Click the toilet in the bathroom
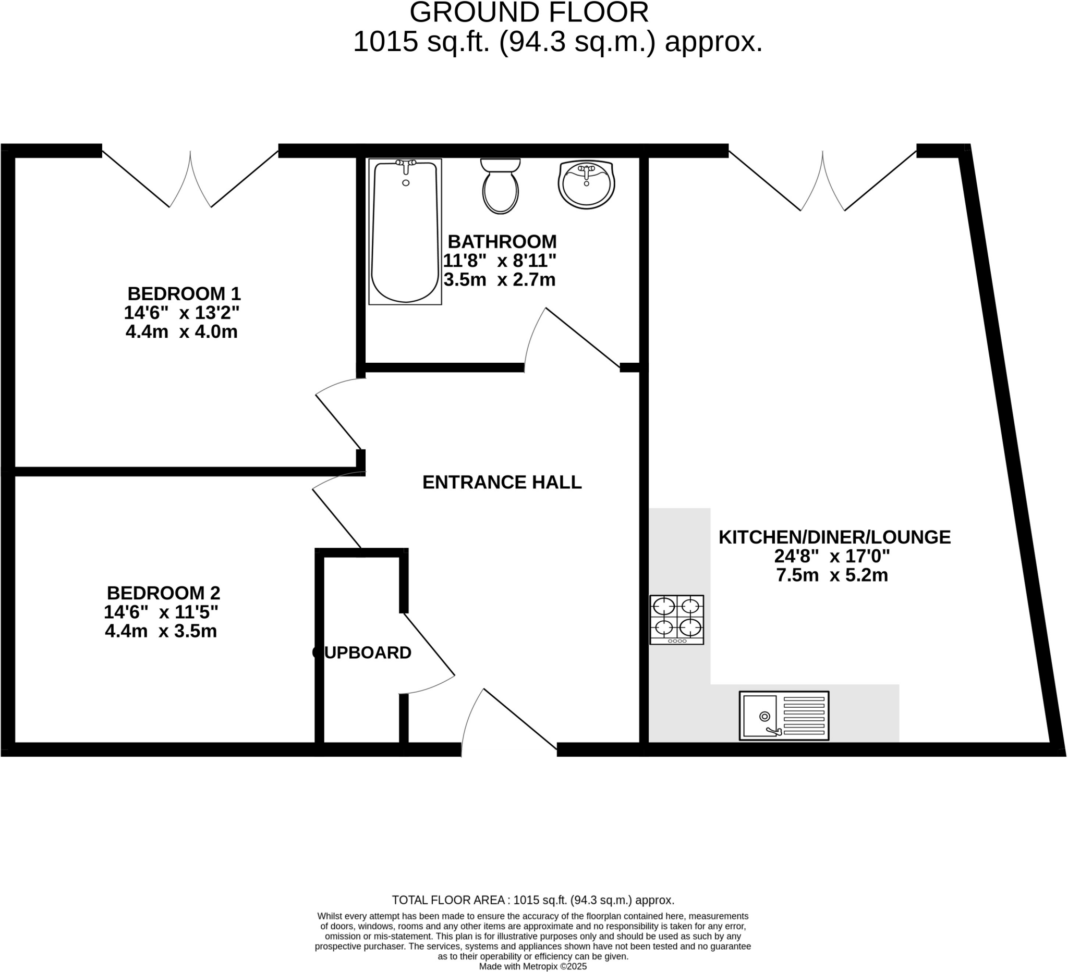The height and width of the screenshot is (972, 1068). pos(500,187)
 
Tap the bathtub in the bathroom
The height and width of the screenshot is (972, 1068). pos(405,232)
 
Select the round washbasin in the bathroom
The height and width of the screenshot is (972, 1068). pos(586,184)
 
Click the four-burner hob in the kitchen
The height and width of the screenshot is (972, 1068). pos(676,619)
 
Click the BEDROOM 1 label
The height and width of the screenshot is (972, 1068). pos(184,293)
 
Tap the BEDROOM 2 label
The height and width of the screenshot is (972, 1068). pos(163,593)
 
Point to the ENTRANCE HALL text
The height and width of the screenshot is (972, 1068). pos(502,482)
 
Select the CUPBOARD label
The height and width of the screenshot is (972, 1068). pos(362,653)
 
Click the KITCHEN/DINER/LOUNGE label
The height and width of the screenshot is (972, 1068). pos(834,537)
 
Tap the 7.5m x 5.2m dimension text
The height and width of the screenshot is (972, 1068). pos(832,575)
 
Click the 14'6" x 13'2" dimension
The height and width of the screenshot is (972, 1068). pos(181,313)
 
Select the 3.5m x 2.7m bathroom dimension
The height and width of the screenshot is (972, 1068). pos(499,279)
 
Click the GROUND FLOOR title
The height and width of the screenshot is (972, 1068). pos(529,13)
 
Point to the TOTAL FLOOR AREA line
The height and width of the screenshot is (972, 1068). pos(533,900)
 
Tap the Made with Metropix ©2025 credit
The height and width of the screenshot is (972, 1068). pos(533,966)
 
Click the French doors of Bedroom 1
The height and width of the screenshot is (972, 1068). pos(190,180)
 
